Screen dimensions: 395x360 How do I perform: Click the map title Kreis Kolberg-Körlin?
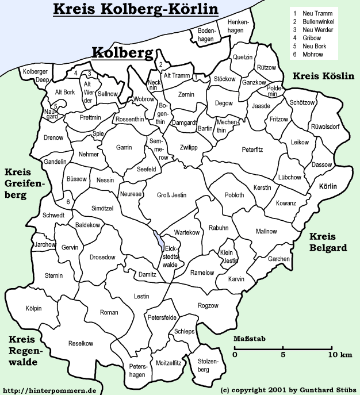(x=135, y=9)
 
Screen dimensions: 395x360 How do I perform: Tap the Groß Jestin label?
(x=171, y=195)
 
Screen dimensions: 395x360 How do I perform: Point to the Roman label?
(x=109, y=312)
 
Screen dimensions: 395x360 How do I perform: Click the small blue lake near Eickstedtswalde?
(x=158, y=237)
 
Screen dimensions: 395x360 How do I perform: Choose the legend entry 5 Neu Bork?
(x=310, y=47)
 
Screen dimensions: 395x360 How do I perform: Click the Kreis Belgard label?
(x=328, y=242)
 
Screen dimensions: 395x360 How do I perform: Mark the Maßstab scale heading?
(x=249, y=339)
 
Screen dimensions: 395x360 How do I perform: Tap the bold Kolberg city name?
(x=122, y=53)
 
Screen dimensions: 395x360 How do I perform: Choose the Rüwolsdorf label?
(x=325, y=126)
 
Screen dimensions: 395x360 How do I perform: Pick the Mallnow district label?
(x=266, y=231)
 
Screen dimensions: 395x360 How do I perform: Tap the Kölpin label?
(x=34, y=309)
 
